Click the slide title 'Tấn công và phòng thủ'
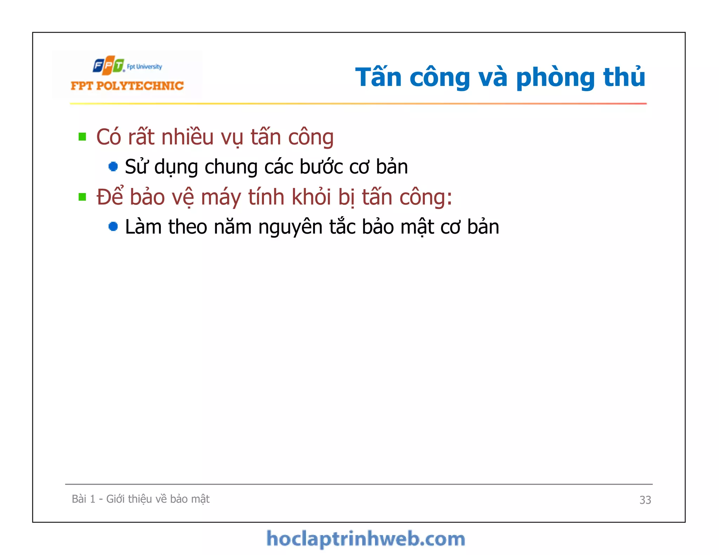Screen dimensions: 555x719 click(500, 77)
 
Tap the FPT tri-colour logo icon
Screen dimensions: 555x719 click(108, 65)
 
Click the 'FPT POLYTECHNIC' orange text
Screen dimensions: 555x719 click(127, 86)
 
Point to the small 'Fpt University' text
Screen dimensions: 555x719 click(144, 67)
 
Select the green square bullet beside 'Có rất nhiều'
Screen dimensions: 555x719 click(83, 136)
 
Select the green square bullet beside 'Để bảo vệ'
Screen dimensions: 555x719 click(83, 197)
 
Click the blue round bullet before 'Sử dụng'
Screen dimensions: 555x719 click(113, 166)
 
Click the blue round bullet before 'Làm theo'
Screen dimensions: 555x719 click(113, 227)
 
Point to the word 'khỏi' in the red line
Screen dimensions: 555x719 click(311, 197)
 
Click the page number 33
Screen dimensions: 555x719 click(645, 500)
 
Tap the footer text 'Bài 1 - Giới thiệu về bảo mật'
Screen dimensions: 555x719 click(140, 499)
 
